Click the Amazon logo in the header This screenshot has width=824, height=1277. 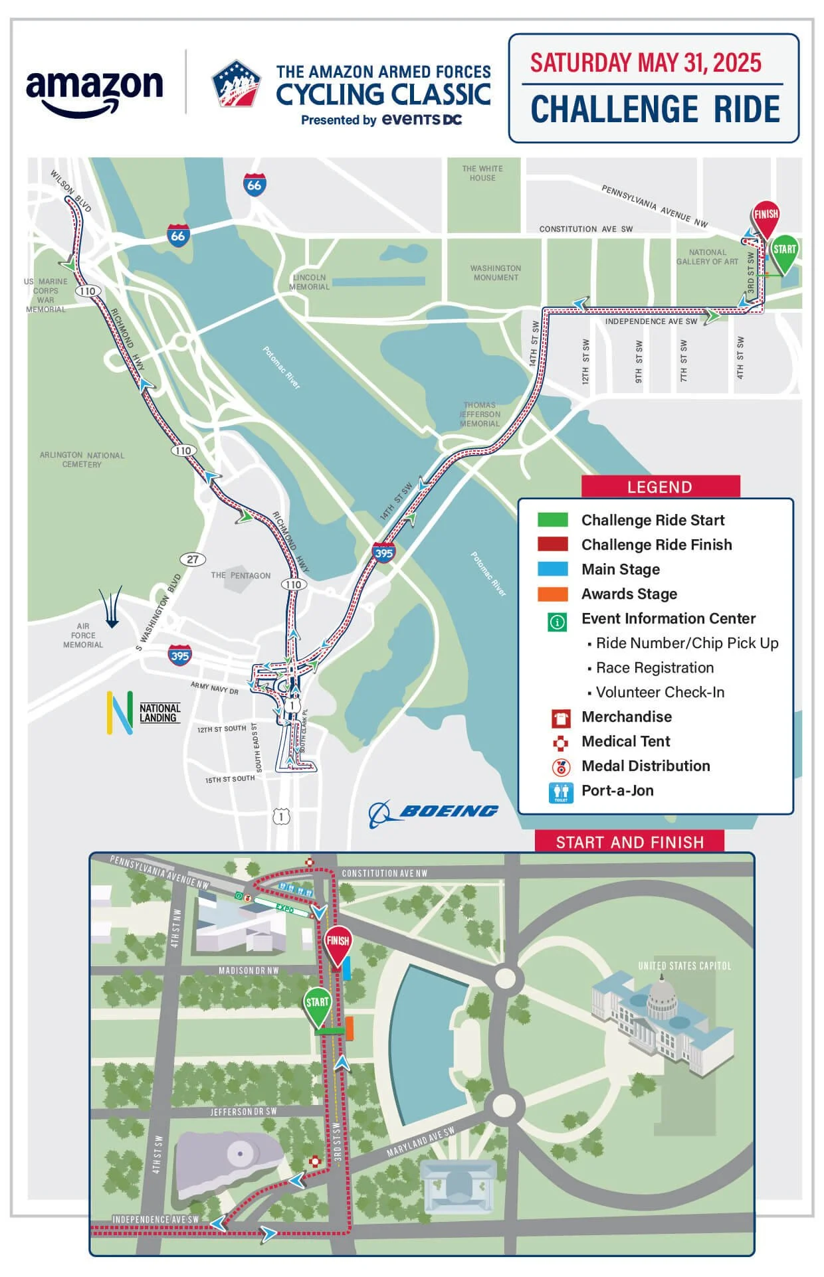(x=94, y=92)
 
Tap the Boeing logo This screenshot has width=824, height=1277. (x=435, y=811)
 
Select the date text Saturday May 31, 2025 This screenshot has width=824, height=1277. (x=645, y=62)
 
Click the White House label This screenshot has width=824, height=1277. (x=482, y=173)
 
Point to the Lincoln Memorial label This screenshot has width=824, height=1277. (x=309, y=282)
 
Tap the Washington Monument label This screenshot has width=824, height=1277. (x=496, y=273)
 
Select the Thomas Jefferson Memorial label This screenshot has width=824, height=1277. (x=480, y=414)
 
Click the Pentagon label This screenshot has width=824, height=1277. (x=241, y=575)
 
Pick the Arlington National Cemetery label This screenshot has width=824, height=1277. (x=82, y=460)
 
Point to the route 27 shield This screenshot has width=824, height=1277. (x=193, y=559)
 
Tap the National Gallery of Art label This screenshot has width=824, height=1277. (x=707, y=257)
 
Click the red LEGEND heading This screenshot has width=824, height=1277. (x=660, y=487)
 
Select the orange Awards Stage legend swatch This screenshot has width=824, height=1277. (x=553, y=594)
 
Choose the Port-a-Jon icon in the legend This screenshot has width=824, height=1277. (x=561, y=792)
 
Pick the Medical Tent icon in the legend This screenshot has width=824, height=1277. (x=561, y=742)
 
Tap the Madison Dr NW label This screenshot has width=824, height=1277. (x=249, y=970)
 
